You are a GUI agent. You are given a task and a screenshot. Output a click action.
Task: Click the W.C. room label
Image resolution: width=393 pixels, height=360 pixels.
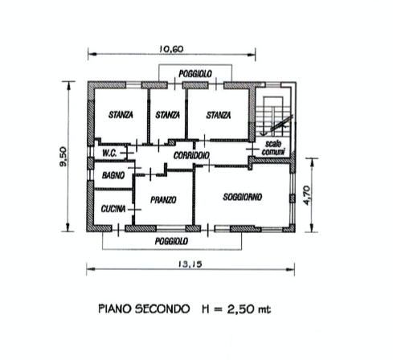point(109,153)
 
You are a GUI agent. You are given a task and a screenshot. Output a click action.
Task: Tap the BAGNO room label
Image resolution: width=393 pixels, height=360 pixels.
point(113,175)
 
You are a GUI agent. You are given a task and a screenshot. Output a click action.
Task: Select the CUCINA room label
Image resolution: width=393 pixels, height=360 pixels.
point(113,209)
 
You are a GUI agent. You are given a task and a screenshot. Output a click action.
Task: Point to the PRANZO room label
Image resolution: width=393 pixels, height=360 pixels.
point(163,200)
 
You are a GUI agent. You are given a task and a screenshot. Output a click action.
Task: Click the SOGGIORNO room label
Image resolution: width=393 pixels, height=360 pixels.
point(243,197)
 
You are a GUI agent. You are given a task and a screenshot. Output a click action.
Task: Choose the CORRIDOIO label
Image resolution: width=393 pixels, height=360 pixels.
point(191,155)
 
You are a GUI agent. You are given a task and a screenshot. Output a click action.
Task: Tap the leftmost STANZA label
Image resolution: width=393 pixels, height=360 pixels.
point(121,115)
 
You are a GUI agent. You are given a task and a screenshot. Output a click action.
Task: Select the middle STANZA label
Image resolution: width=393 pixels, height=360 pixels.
point(168,115)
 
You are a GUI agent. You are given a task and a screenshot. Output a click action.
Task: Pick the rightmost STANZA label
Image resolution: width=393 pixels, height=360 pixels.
point(219,116)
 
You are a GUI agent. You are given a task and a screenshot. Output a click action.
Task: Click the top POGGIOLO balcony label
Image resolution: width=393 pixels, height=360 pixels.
point(195,74)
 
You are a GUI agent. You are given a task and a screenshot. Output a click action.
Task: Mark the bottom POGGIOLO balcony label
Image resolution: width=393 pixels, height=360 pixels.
point(171,241)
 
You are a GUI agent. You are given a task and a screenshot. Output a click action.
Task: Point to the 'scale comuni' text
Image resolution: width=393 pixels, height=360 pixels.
point(273,148)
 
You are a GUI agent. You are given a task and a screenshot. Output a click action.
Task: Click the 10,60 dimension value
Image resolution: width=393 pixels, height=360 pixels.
point(171,49)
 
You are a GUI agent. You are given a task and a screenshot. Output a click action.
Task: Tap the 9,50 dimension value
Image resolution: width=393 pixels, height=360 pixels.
point(63,157)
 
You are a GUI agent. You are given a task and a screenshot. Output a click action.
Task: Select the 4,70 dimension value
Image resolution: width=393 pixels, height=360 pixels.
point(307,195)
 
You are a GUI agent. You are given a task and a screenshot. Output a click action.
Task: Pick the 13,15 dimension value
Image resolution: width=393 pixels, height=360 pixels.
point(190,264)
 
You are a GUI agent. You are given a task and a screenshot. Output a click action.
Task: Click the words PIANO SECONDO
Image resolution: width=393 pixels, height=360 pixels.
point(144,309)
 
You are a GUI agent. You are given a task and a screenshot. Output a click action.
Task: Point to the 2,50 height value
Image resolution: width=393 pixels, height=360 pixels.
point(240,309)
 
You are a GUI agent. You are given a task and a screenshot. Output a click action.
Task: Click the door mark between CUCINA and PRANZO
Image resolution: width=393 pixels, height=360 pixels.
point(134,210)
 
